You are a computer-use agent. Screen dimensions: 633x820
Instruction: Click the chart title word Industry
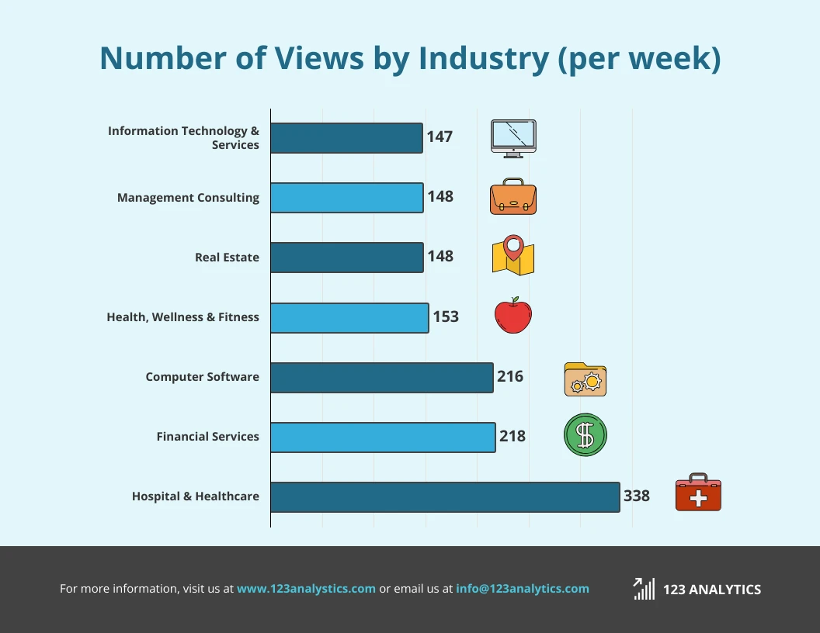pyautogui.click(x=483, y=59)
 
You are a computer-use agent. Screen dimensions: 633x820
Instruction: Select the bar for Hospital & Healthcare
pyautogui.click(x=445, y=496)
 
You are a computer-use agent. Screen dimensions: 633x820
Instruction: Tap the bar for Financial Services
pyautogui.click(x=383, y=437)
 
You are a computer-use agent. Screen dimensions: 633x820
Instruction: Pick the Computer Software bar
pyautogui.click(x=381, y=377)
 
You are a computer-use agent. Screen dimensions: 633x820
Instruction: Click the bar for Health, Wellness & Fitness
pyautogui.click(x=349, y=317)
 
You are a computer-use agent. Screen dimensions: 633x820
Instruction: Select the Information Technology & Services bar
pyautogui.click(x=346, y=138)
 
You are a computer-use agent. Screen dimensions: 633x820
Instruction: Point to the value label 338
pyautogui.click(x=637, y=496)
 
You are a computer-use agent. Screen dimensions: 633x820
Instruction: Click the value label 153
pyautogui.click(x=446, y=316)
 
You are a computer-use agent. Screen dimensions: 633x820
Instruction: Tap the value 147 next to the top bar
pyautogui.click(x=440, y=137)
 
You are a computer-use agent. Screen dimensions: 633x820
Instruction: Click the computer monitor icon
pyautogui.click(x=513, y=138)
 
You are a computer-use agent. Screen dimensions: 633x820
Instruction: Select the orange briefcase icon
pyautogui.click(x=513, y=197)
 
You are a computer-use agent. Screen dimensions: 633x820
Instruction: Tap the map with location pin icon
pyautogui.click(x=513, y=256)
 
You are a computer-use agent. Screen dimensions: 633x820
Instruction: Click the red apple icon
pyautogui.click(x=513, y=316)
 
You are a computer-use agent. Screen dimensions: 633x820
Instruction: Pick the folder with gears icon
pyautogui.click(x=585, y=379)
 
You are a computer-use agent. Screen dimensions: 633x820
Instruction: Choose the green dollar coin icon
pyautogui.click(x=585, y=435)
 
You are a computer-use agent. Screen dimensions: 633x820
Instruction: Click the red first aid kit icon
pyautogui.click(x=698, y=493)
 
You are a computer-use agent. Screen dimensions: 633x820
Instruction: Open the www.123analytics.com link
pyautogui.click(x=306, y=589)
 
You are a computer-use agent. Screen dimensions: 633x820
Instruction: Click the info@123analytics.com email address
pyautogui.click(x=523, y=589)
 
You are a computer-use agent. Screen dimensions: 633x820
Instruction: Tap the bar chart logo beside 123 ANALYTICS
pyautogui.click(x=644, y=589)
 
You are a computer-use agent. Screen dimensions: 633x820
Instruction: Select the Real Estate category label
pyautogui.click(x=227, y=258)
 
